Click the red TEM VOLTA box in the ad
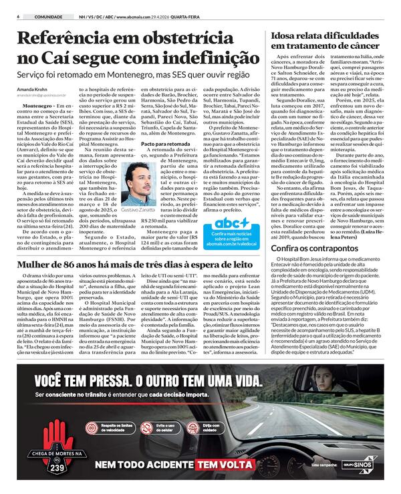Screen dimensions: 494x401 [x=225, y=465]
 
